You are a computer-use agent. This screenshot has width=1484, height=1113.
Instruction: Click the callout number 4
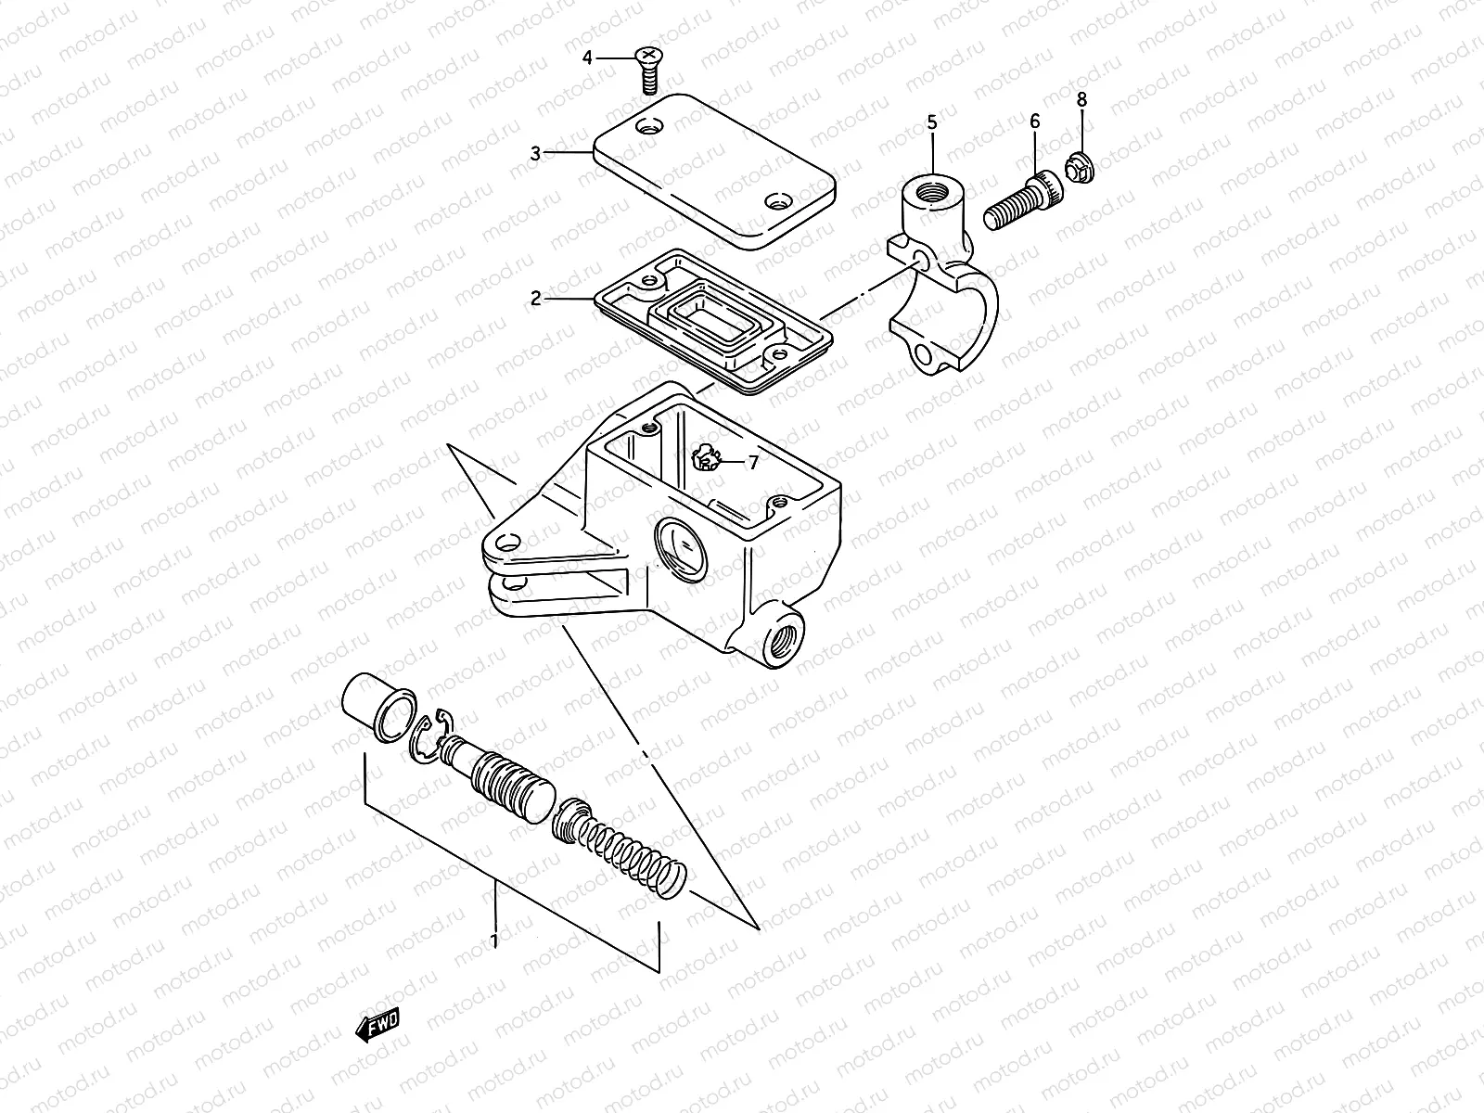(586, 58)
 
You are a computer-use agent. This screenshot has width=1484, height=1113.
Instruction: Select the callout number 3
(535, 153)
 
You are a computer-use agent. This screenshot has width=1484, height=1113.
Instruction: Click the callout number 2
(535, 298)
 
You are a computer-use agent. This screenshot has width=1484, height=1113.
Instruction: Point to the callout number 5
(932, 122)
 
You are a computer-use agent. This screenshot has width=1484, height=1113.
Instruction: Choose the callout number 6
(1035, 122)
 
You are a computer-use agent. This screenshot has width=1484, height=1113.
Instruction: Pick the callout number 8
(1081, 98)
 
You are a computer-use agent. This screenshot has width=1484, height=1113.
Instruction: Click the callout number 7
(753, 461)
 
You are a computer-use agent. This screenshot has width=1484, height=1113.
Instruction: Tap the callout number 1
(494, 940)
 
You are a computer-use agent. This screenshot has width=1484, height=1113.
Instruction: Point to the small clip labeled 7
(708, 458)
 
